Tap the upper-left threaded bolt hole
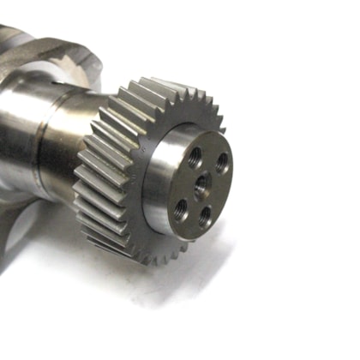[195, 157]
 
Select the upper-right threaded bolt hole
[222, 162]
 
